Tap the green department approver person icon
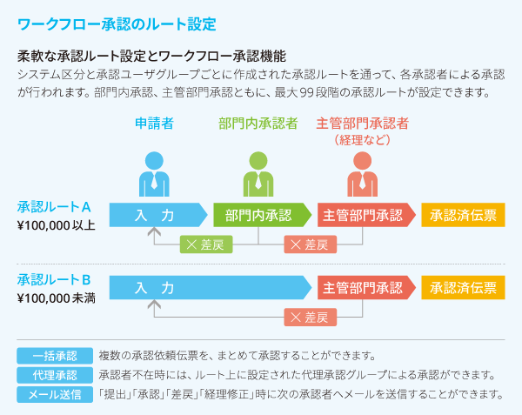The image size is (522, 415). (258, 173)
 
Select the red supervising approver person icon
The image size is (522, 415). (362, 173)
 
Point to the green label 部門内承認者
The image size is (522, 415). (258, 124)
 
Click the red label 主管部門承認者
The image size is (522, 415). (362, 124)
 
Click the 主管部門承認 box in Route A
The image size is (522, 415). (365, 215)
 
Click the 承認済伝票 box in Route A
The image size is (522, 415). (463, 215)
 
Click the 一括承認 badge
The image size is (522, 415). (54, 356)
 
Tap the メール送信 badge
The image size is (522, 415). (54, 394)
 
